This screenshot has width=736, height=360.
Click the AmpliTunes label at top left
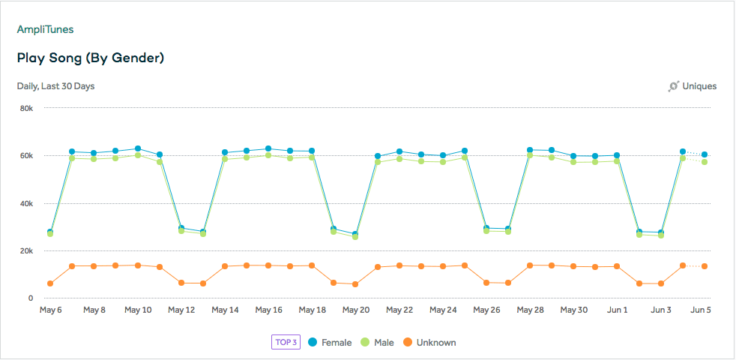45,29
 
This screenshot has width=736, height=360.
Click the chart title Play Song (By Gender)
91,58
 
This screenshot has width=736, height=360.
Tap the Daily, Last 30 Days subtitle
56,86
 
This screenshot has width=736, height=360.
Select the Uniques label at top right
699,86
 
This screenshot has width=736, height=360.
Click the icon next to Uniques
673,86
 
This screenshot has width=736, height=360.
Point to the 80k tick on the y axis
25,108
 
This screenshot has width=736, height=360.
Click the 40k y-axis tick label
25,203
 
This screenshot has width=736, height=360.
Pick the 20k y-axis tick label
25,250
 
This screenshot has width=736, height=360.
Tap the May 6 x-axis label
50,310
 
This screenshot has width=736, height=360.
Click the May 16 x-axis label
268,310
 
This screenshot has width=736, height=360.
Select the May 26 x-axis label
486,310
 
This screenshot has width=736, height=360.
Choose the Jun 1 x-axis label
617,310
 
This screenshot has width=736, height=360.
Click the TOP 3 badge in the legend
286,343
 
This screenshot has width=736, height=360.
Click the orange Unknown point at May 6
50,283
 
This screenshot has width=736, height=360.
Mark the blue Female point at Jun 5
705,154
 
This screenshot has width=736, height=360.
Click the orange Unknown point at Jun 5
705,266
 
